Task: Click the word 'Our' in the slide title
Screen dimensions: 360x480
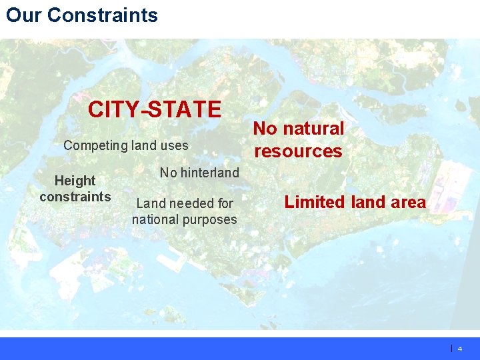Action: coord(24,15)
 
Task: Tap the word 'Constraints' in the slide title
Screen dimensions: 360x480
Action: coord(103,15)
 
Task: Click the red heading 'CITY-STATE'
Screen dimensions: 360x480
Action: coord(155,109)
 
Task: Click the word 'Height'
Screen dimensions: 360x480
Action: coord(75,181)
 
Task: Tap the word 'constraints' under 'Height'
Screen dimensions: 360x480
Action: coord(75,197)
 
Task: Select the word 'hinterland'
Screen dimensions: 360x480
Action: coord(209,173)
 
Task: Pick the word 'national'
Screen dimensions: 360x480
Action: coord(155,219)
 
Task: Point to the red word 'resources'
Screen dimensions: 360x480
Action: coord(298,151)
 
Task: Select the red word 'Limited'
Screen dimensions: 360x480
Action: coord(313,202)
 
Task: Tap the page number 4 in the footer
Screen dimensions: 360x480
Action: coord(460,349)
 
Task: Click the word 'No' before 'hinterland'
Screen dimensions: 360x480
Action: coord(168,173)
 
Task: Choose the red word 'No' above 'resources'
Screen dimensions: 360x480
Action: coord(266,129)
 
